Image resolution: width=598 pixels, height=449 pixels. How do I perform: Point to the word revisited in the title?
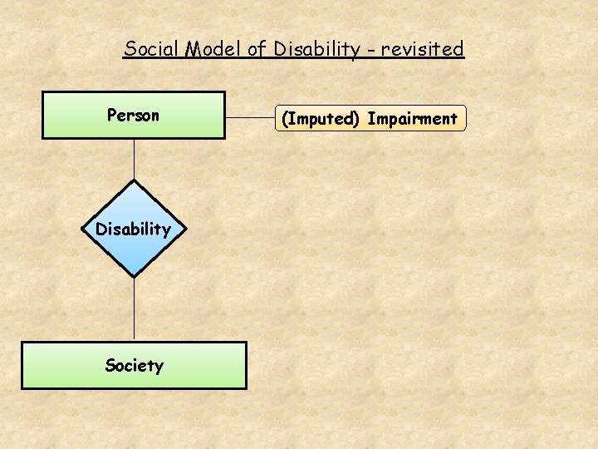point(422,49)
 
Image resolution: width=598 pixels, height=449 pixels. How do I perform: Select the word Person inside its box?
point(133,116)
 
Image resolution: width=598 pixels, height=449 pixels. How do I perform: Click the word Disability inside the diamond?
point(133,229)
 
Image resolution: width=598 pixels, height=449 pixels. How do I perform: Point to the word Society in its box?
point(134,365)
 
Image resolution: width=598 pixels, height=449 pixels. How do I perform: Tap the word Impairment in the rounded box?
point(412,119)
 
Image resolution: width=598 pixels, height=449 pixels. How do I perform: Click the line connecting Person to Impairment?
point(249,117)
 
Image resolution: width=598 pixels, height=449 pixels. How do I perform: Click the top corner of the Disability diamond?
point(134,181)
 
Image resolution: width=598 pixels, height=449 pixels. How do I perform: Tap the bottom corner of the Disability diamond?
point(134,275)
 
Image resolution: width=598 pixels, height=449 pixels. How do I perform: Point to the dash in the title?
point(370,51)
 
